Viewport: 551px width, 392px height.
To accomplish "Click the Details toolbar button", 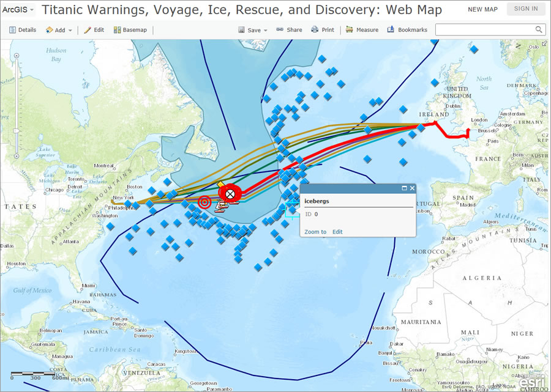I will [23, 30].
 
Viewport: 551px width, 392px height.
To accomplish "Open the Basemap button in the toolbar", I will [130, 30].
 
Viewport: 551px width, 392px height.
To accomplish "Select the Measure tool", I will [362, 30].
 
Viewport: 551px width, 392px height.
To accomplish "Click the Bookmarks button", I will [407, 30].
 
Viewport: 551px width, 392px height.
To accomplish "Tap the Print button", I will [323, 30].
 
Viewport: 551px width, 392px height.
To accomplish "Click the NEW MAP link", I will [482, 9].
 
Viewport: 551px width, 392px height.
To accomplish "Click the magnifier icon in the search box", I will [539, 30].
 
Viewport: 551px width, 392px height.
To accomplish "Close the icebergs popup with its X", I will [412, 188].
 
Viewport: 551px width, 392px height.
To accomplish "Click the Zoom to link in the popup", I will [315, 232].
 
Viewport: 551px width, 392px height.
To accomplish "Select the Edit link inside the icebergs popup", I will [337, 232].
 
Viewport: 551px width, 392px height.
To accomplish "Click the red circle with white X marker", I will [230, 194].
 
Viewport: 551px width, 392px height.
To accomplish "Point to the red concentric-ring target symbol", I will [204, 201].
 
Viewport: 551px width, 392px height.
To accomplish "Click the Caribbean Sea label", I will [115, 349].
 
